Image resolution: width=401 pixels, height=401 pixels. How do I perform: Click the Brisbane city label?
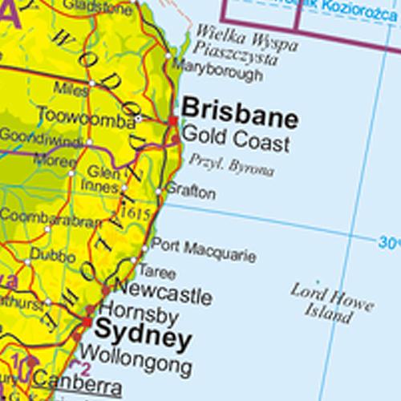coord(240,115)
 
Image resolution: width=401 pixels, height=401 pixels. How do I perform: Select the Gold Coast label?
coord(236,144)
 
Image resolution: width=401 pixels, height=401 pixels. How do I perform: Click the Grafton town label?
coord(190,193)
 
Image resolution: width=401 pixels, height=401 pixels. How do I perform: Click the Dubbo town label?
coord(53,257)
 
